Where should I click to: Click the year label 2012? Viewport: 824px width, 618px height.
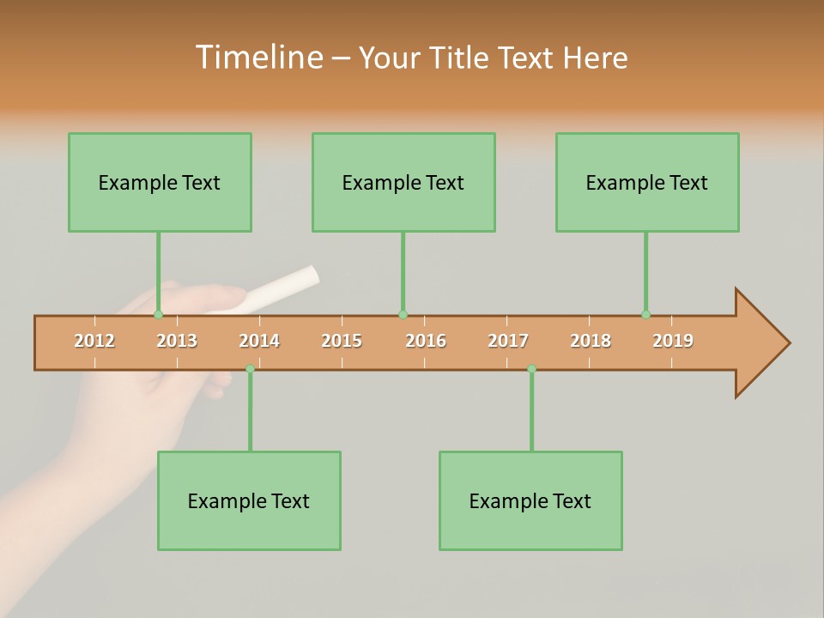click(x=94, y=341)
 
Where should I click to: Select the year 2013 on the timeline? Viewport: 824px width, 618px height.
click(x=177, y=341)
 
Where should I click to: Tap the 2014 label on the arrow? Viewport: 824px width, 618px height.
click(x=259, y=341)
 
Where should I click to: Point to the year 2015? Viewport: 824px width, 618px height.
click(x=342, y=341)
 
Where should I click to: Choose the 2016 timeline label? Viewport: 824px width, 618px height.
click(x=426, y=341)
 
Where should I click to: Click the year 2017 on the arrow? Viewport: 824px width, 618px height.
click(x=508, y=341)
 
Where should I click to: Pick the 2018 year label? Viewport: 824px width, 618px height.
click(x=591, y=341)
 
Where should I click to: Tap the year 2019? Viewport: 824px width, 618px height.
click(x=673, y=341)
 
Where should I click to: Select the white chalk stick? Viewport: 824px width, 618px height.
click(x=282, y=288)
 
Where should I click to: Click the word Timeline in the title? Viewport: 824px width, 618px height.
click(x=257, y=58)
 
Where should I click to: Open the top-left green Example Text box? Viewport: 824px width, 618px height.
click(x=160, y=183)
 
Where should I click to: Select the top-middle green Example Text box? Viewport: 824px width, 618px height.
click(x=403, y=183)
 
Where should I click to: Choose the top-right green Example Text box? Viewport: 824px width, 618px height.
click(x=647, y=183)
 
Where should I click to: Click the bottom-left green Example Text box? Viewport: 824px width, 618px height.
click(x=249, y=501)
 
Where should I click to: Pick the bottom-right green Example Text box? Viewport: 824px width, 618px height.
click(x=530, y=501)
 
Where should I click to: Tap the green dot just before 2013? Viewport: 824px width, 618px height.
click(x=158, y=315)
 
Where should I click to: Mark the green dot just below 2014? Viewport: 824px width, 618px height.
click(x=250, y=368)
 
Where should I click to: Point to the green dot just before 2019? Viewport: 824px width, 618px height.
click(x=645, y=315)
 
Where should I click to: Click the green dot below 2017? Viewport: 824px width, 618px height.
click(x=531, y=368)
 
